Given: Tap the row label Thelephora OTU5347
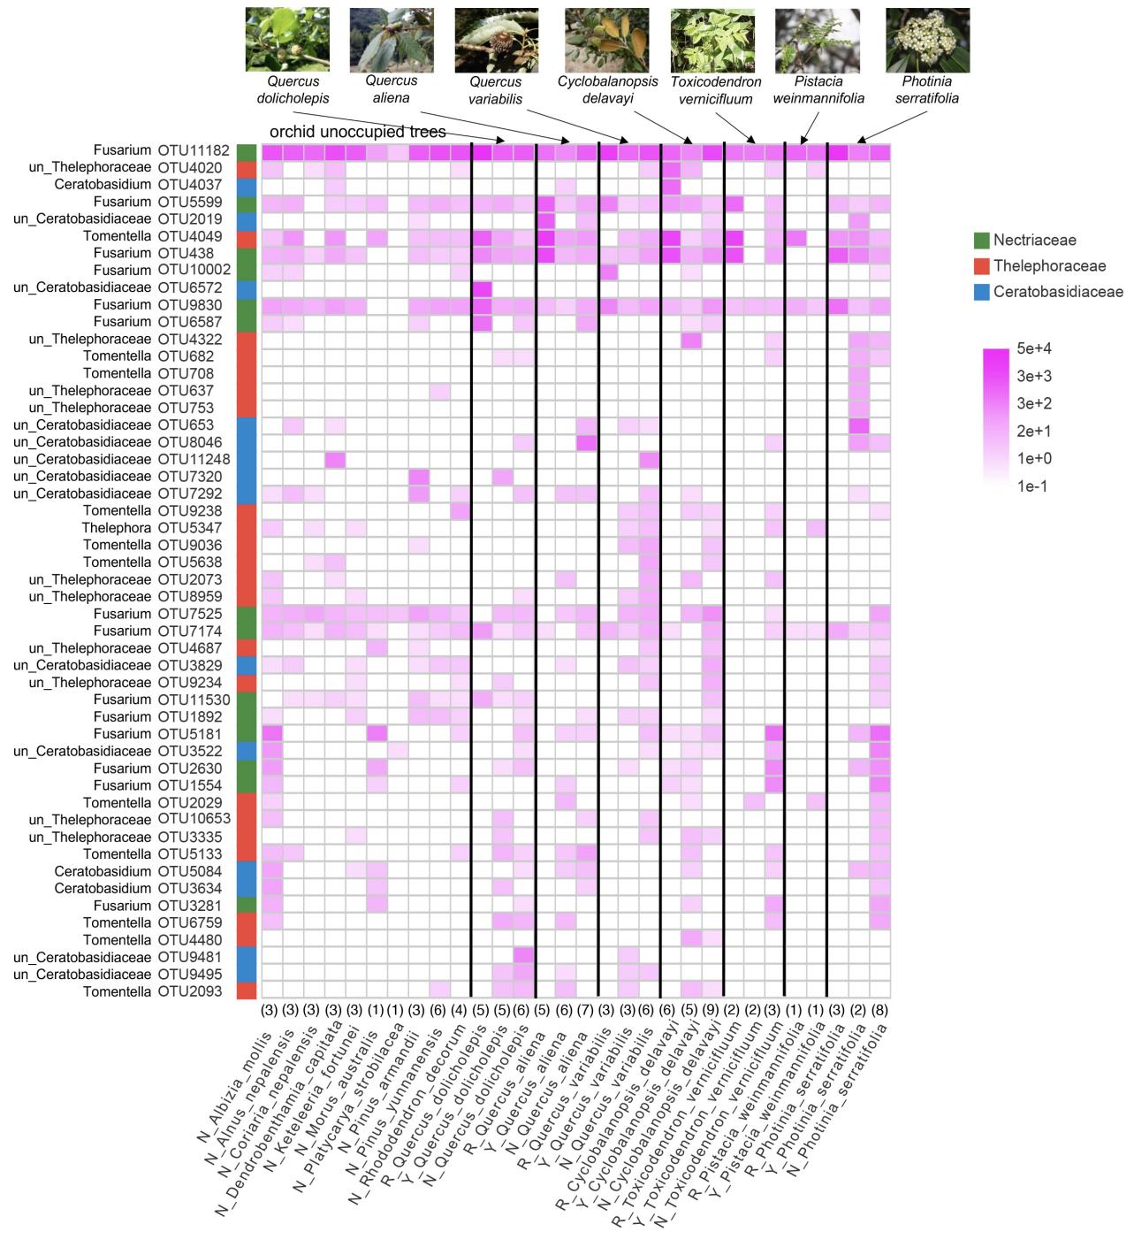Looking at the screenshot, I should coord(156,528).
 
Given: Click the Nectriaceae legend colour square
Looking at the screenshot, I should coord(979,240).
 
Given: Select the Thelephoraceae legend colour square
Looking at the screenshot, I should coord(979,266).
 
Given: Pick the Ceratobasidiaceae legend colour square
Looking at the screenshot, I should coord(979,292).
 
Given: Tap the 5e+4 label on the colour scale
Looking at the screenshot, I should coord(1033,348).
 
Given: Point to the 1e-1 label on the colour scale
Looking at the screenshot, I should coord(1032,486).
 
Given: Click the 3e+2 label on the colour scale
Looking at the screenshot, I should coord(1033,403).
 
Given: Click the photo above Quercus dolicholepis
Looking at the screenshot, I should coord(287,40).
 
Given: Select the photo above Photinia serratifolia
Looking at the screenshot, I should coord(927,40).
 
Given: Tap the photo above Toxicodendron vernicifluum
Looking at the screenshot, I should coord(712,40).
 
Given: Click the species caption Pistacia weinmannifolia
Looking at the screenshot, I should coord(818,89).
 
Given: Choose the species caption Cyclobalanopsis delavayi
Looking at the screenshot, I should coord(607,89).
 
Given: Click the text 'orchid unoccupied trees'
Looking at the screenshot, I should coord(358,132).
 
